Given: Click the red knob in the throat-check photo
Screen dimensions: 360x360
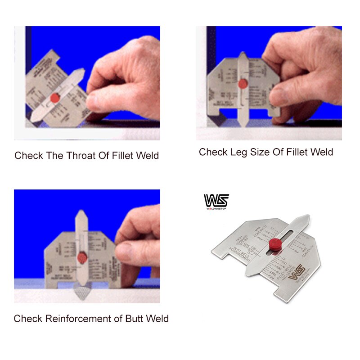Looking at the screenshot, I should click(x=56, y=97).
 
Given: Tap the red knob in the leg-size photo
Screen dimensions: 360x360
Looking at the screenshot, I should click(x=243, y=84).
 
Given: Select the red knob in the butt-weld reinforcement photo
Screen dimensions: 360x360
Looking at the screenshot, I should click(x=82, y=258).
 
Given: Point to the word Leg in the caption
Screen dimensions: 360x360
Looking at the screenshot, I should click(x=238, y=153).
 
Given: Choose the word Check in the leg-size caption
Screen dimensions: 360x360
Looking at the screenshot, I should click(x=213, y=153).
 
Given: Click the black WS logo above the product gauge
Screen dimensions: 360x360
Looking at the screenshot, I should click(x=216, y=200).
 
